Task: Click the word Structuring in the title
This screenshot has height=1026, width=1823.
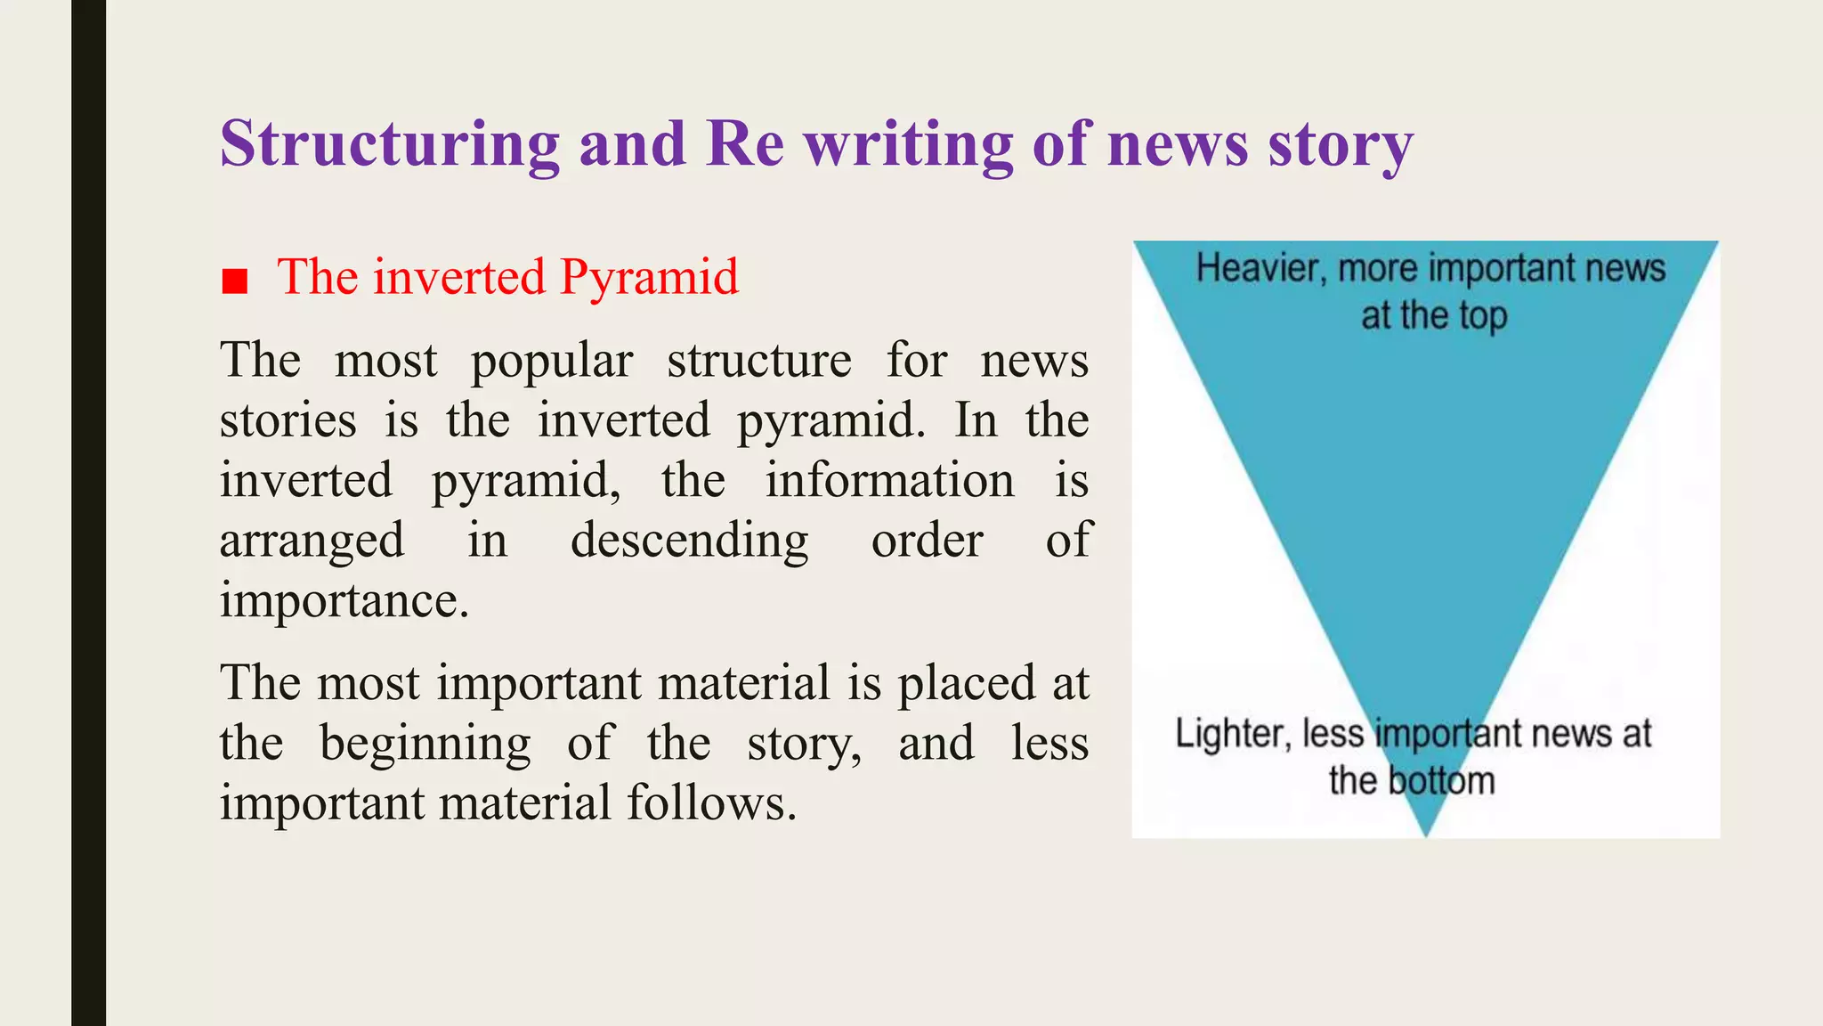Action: pyautogui.click(x=390, y=144)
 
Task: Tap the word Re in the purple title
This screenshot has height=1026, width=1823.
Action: pyautogui.click(x=745, y=144)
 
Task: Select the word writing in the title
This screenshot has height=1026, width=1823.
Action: pyautogui.click(x=909, y=146)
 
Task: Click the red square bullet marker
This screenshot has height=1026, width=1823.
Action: pyautogui.click(x=234, y=281)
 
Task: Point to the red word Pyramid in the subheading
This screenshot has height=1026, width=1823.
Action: pyautogui.click(x=649, y=278)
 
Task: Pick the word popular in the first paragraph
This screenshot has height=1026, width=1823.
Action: pyautogui.click(x=551, y=362)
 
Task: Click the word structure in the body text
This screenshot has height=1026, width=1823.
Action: pyautogui.click(x=759, y=362)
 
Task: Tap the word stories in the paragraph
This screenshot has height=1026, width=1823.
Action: pyautogui.click(x=288, y=420)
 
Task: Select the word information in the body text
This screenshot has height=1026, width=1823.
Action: pyautogui.click(x=889, y=481)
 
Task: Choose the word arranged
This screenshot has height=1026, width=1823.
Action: pyautogui.click(x=312, y=541)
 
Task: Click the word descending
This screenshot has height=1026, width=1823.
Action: pyautogui.click(x=689, y=541)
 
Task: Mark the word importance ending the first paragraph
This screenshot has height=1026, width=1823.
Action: pyautogui.click(x=343, y=600)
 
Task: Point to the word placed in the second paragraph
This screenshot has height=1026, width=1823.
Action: pyautogui.click(x=966, y=684)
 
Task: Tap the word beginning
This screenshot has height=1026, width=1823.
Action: pyautogui.click(x=425, y=744)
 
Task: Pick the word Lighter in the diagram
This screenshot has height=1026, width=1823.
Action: pyautogui.click(x=1232, y=734)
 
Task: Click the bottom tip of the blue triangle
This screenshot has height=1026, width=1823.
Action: pyautogui.click(x=1426, y=833)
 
